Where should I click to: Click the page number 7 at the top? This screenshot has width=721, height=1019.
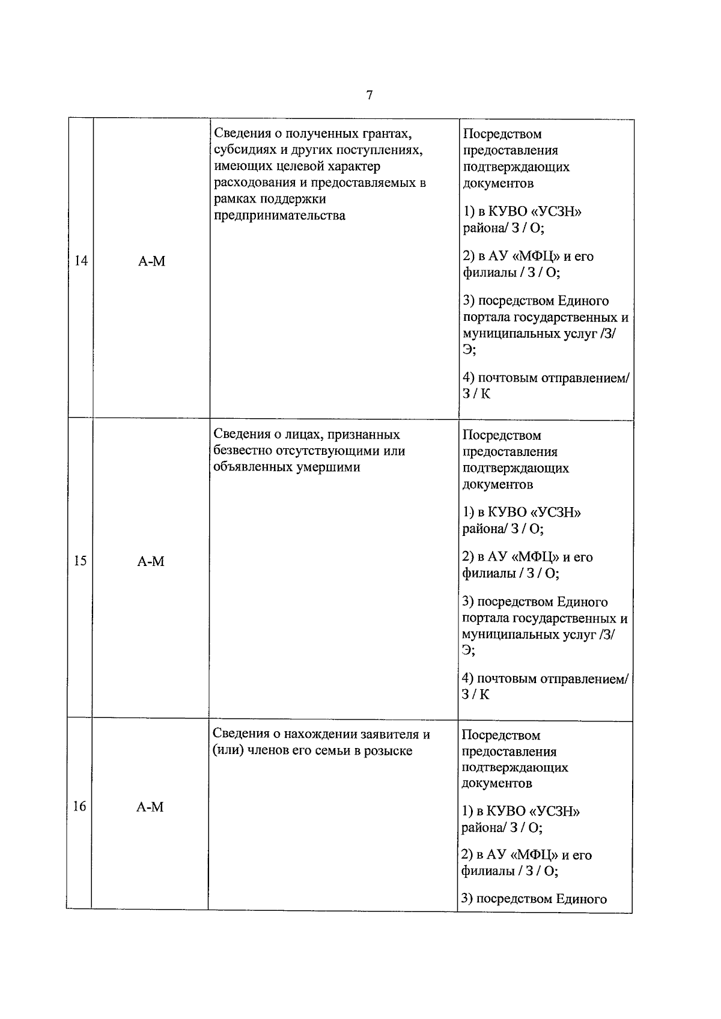tap(369, 95)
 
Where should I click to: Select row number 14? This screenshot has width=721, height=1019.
tap(81, 261)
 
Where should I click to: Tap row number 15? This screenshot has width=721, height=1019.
tap(80, 561)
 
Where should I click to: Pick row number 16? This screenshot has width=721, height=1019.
tap(79, 806)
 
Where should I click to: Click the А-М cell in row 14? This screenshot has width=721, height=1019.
tap(151, 261)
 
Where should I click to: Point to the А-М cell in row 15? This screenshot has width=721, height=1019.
tap(151, 561)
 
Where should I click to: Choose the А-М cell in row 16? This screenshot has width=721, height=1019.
tap(150, 807)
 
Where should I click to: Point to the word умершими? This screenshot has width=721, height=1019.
tap(328, 467)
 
